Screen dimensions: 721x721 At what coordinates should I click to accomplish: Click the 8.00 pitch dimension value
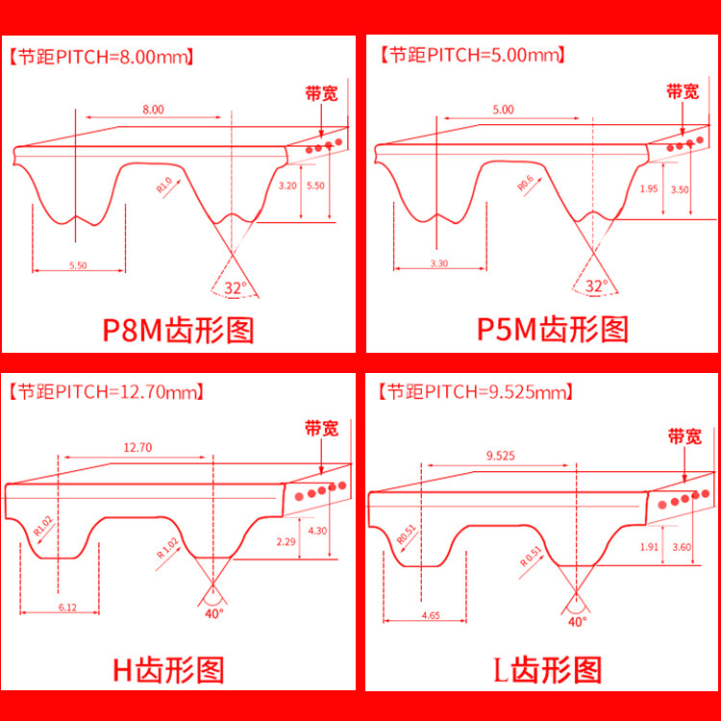(x=153, y=110)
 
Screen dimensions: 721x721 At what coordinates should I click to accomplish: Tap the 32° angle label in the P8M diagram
(x=235, y=287)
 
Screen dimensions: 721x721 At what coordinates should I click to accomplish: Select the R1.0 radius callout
(x=163, y=184)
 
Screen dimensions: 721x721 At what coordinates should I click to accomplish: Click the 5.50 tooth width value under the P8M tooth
(x=79, y=264)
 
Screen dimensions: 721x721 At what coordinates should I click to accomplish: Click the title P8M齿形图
(x=178, y=330)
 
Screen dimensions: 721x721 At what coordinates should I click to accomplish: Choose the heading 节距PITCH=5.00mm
(x=470, y=55)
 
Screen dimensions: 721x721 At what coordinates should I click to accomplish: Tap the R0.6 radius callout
(x=524, y=182)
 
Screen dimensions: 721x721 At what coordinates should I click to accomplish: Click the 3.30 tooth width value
(x=438, y=262)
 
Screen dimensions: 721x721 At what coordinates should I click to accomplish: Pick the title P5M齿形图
(x=553, y=330)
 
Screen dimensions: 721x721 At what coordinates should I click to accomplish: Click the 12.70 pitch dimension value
(x=137, y=447)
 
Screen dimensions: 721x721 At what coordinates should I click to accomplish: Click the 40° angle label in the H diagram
(x=213, y=612)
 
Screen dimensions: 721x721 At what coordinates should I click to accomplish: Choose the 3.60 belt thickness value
(x=681, y=547)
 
